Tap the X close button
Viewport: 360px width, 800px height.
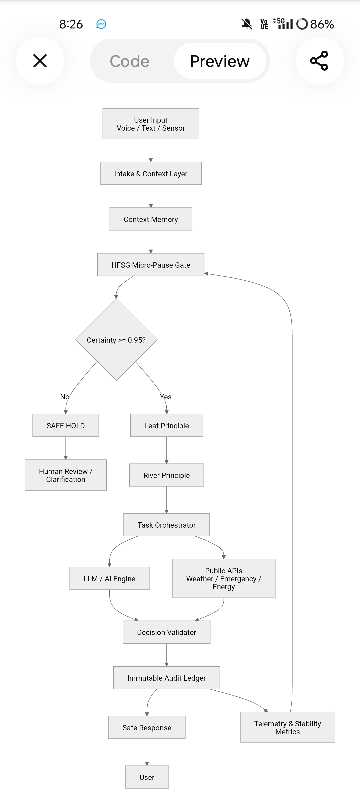coord(40,61)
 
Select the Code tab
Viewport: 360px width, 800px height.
coord(130,61)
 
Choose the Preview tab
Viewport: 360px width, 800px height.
coord(220,61)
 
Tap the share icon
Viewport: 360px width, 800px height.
coord(319,61)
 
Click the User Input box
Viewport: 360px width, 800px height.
coord(151,124)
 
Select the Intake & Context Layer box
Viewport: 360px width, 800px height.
coord(151,173)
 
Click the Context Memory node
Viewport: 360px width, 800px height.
coord(151,219)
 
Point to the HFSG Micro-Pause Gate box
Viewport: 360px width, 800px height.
coord(151,265)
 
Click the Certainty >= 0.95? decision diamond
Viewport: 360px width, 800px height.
coord(116,340)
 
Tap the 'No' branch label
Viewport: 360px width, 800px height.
coord(65,397)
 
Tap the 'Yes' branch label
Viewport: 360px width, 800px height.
coord(166,397)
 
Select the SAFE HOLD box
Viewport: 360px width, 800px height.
coord(66,425)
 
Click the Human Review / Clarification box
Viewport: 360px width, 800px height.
coord(66,475)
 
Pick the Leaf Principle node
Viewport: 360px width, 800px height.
coord(167,425)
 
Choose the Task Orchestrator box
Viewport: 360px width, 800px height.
coord(167,525)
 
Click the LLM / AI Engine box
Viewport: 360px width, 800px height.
coord(109,578)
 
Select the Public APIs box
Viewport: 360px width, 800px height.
coord(224,578)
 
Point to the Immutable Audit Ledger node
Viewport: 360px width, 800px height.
coord(167,678)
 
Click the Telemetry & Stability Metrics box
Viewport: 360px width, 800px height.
coord(288,727)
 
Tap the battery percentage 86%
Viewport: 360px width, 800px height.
coord(322,24)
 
